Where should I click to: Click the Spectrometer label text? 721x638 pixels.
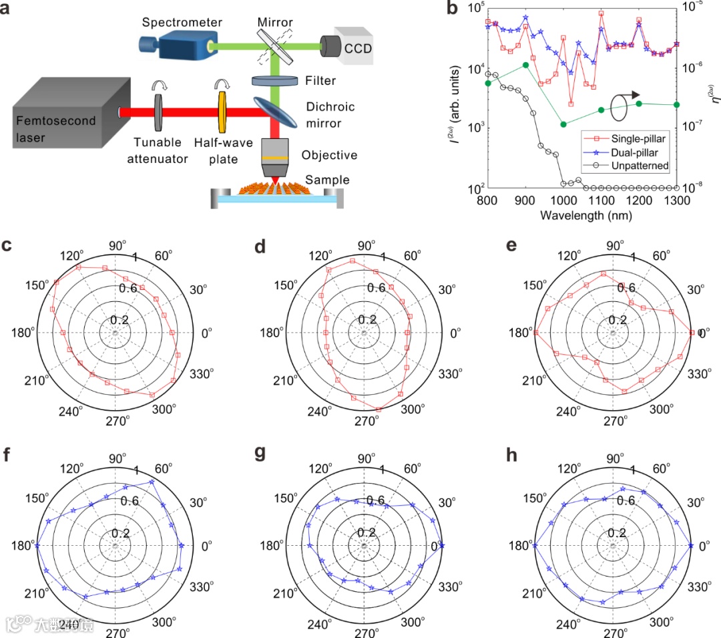(x=182, y=22)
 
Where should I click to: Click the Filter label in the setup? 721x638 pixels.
(x=321, y=81)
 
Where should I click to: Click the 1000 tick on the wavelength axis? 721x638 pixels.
(x=563, y=200)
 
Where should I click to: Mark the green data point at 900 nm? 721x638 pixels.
(x=526, y=65)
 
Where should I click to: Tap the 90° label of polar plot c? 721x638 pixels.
(x=116, y=246)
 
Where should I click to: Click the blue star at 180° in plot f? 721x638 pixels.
(x=37, y=545)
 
